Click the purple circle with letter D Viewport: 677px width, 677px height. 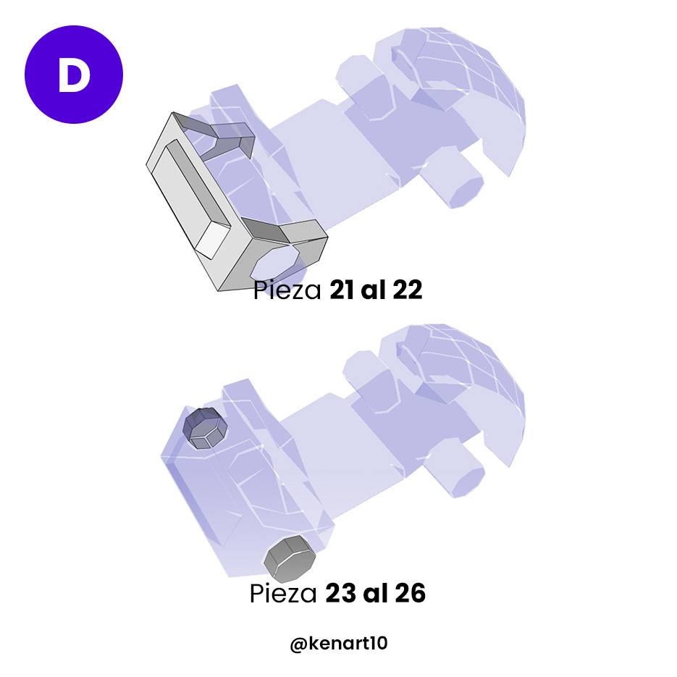[x=74, y=75]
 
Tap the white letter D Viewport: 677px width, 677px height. [x=74, y=75]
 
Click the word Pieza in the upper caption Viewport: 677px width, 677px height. [x=288, y=291]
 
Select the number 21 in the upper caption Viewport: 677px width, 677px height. [x=343, y=291]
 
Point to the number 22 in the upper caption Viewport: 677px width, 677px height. [x=407, y=291]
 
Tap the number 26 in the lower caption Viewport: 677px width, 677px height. [x=410, y=594]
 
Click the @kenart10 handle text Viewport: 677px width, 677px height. [x=338, y=643]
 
